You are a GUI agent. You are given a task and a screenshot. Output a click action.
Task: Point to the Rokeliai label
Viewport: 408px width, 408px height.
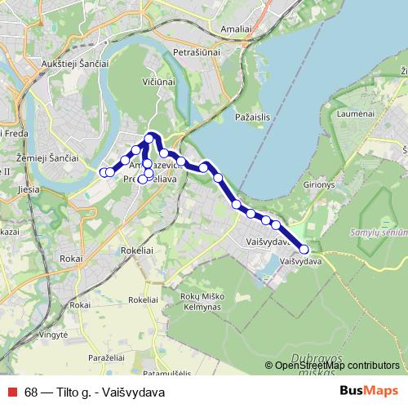click(x=143, y=300)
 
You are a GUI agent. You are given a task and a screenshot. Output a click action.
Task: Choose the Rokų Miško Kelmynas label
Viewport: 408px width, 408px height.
click(x=202, y=307)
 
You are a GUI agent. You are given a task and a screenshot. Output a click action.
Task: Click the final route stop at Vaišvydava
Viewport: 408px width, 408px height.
click(x=304, y=250)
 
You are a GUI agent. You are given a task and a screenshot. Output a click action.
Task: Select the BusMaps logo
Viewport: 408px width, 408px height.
click(x=368, y=391)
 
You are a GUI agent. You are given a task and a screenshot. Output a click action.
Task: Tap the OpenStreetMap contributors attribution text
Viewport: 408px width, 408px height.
click(x=337, y=366)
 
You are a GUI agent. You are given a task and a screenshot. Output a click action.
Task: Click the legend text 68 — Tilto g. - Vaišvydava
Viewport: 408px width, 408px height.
click(x=95, y=391)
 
